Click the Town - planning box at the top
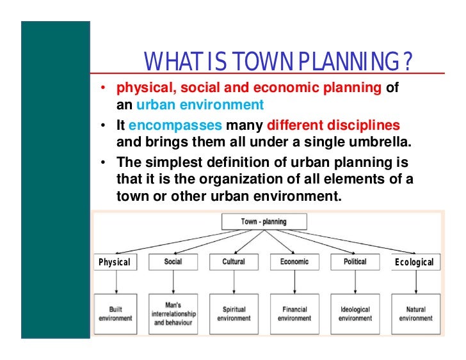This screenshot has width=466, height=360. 264,222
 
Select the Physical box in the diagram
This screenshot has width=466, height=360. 114,262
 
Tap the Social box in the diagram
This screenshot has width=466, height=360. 173,262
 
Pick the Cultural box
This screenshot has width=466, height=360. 234,262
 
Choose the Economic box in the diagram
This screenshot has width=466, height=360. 294,262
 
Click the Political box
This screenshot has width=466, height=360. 355,262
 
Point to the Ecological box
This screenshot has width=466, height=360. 415,262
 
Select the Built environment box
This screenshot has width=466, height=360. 115,313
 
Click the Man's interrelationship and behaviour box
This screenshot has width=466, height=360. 173,313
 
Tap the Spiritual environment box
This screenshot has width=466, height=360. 234,313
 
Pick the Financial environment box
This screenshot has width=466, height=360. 294,313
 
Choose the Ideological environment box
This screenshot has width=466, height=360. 355,313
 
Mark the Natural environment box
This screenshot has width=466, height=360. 415,313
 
